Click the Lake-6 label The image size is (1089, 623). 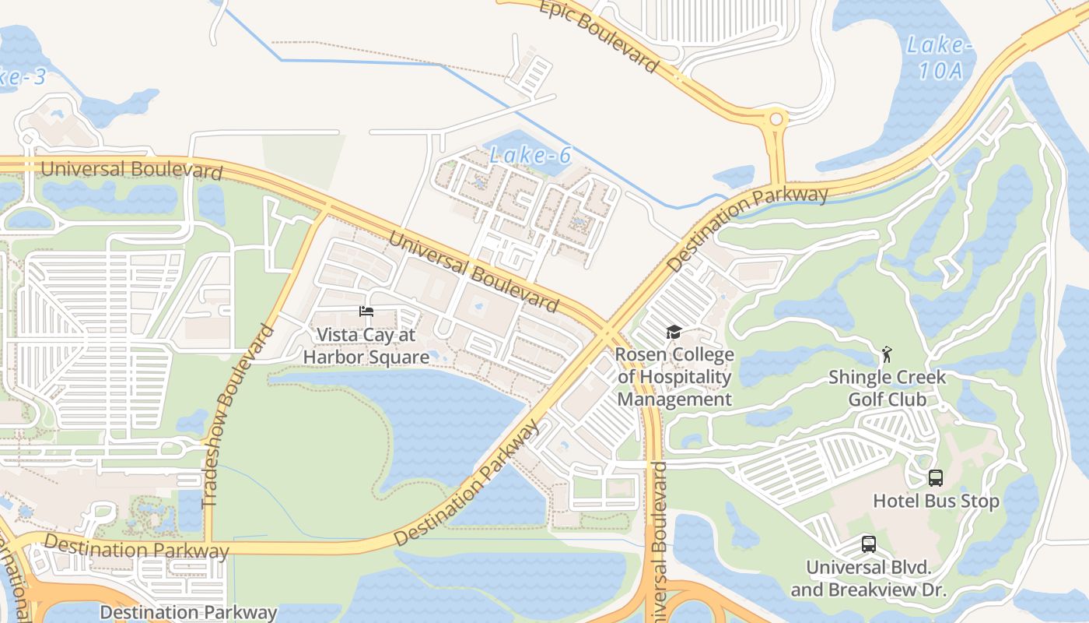point(530,156)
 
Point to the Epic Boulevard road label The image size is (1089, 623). point(598,34)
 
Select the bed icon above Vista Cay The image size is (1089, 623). point(366,311)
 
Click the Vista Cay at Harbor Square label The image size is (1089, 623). point(366,347)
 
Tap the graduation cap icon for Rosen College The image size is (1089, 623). point(674,333)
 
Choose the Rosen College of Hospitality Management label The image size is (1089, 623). point(674,378)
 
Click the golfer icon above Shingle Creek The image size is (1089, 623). point(886,355)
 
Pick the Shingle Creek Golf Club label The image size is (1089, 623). point(887,388)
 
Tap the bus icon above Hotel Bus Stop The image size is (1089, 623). point(936,478)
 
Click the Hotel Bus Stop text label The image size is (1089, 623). point(936,501)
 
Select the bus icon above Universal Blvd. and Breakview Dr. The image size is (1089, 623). point(869,544)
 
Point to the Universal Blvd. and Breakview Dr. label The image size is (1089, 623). point(869,579)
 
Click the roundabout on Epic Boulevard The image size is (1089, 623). point(776,120)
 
